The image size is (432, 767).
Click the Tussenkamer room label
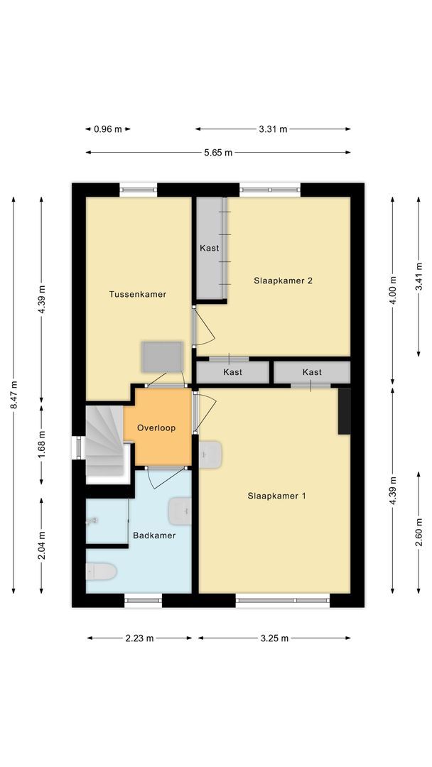[x=138, y=294]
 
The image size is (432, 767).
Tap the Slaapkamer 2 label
[x=283, y=281]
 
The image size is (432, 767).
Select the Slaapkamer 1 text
[x=277, y=496]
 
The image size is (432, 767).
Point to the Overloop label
[x=156, y=428]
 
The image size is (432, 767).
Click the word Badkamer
[x=154, y=535]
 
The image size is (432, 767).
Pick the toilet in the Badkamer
[x=101, y=571]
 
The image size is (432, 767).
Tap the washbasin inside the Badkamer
[x=180, y=509]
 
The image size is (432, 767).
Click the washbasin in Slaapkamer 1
[x=211, y=455]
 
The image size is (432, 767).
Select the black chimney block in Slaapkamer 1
[x=345, y=410]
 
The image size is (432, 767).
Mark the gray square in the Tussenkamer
[x=162, y=357]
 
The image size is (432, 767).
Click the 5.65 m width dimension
[x=218, y=153]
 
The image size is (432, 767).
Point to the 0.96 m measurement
[x=108, y=129]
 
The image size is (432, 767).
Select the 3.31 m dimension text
[x=273, y=129]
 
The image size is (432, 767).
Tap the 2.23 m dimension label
[x=139, y=638]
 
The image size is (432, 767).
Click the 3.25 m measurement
[x=274, y=638]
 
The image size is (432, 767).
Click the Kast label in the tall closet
[x=210, y=249]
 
